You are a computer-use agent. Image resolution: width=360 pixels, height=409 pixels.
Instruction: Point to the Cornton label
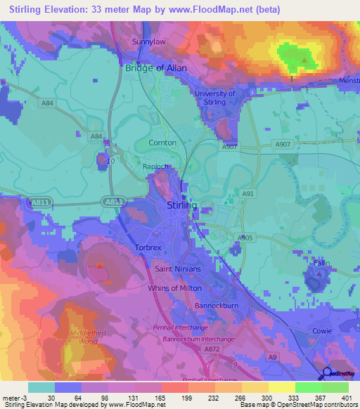(x=162, y=142)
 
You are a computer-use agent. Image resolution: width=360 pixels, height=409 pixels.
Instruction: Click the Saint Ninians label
(x=178, y=269)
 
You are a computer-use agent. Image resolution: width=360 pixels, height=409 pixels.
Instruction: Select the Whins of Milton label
(x=174, y=288)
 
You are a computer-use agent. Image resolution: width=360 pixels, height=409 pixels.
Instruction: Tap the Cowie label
(x=323, y=329)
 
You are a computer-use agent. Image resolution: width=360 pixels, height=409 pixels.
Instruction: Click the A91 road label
(x=247, y=193)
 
